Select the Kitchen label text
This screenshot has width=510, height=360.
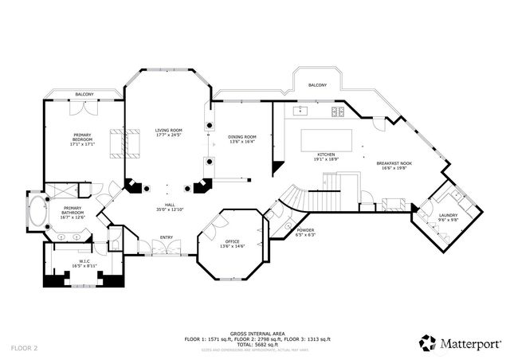click(326, 155)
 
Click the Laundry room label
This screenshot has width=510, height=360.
click(447, 215)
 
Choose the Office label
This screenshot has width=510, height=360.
click(232, 241)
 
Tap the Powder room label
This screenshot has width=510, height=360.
click(306, 231)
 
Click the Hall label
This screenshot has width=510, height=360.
click(170, 206)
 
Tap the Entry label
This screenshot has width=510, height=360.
click(167, 237)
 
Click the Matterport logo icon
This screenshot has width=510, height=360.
click(427, 342)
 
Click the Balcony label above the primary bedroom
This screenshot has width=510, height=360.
click(84, 95)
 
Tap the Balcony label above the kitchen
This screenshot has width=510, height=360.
click(317, 84)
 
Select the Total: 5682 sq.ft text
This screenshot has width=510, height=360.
click(256, 343)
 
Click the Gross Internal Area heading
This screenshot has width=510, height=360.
click(256, 334)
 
